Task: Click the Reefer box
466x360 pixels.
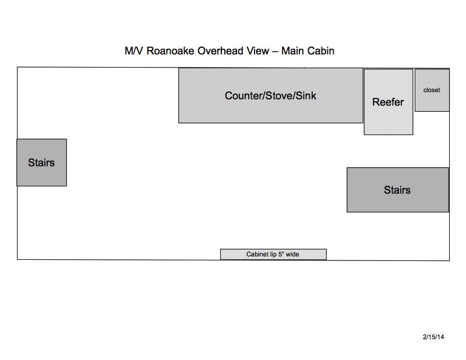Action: [x=389, y=102]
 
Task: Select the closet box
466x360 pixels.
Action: [x=432, y=90]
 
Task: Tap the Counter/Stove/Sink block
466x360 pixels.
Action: [x=271, y=96]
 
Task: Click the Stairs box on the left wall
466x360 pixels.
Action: [x=41, y=163]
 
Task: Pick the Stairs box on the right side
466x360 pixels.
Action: [x=398, y=190]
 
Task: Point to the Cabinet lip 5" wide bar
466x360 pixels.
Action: [x=273, y=255]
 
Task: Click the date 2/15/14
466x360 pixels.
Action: [x=433, y=337]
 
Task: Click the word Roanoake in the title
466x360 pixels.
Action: [x=170, y=51]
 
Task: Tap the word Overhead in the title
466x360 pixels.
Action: [x=220, y=51]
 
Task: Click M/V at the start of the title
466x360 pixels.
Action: [x=134, y=51]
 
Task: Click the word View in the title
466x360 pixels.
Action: [x=257, y=51]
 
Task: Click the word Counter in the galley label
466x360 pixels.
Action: [x=243, y=96]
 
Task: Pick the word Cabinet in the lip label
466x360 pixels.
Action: [x=257, y=255]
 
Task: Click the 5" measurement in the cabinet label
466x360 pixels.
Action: [x=281, y=255]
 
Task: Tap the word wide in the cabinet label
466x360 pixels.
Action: [x=292, y=255]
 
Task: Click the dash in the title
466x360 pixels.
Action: [x=275, y=51]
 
